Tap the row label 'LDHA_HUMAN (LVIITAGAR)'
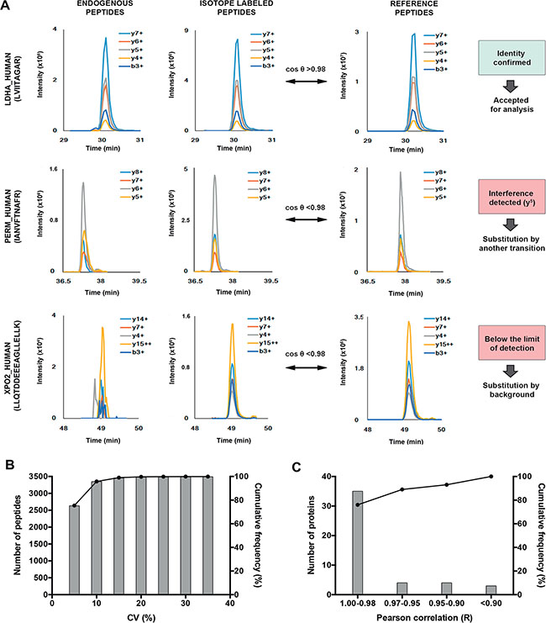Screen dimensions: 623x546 coord(13,77)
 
